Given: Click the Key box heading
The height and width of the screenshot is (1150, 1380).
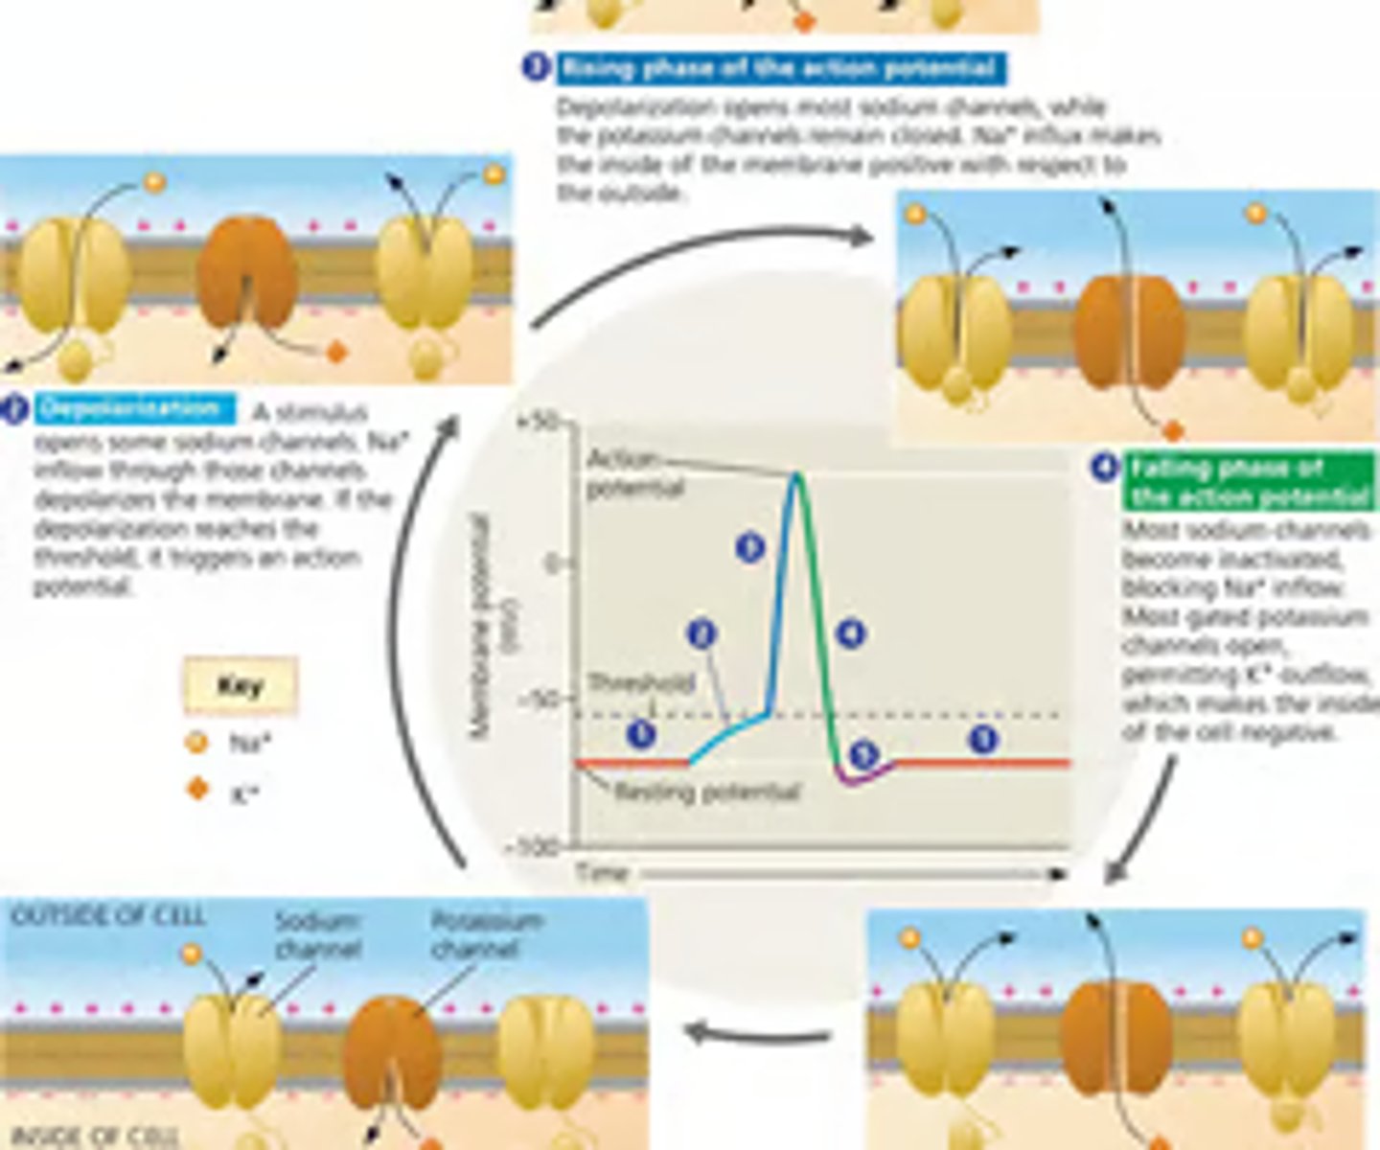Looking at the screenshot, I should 240,686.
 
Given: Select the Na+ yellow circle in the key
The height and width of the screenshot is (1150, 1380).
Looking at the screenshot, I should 196,742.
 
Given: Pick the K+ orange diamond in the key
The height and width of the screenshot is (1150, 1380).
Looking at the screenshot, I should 197,790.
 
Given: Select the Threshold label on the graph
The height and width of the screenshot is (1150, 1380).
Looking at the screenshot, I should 640,683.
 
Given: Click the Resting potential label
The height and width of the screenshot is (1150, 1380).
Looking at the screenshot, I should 706,793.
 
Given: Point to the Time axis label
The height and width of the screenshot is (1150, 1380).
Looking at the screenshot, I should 602,873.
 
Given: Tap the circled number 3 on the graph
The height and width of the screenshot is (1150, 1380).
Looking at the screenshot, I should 750,547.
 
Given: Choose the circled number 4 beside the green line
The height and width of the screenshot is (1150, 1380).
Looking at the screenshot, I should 850,633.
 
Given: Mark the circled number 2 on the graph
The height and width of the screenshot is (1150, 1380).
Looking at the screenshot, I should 702,634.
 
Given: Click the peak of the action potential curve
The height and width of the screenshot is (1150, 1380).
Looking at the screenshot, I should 796,475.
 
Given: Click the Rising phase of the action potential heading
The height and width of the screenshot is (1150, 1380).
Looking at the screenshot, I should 778,68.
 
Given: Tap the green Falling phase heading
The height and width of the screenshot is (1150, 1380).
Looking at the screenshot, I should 1249,482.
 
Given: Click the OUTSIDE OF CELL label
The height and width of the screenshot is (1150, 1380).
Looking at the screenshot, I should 107,916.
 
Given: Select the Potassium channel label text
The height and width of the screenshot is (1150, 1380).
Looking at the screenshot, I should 487,934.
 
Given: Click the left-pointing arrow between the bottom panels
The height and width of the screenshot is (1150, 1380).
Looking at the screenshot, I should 757,1033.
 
